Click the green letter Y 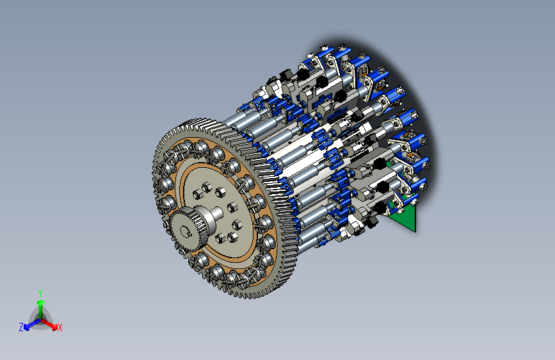coord(40,293)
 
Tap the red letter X coord(60,327)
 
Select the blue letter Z coord(21,327)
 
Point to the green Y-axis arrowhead coord(41,302)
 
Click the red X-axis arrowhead coord(54,326)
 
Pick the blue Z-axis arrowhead coord(27,327)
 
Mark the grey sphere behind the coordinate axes coord(40,318)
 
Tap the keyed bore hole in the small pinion coord(184,232)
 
